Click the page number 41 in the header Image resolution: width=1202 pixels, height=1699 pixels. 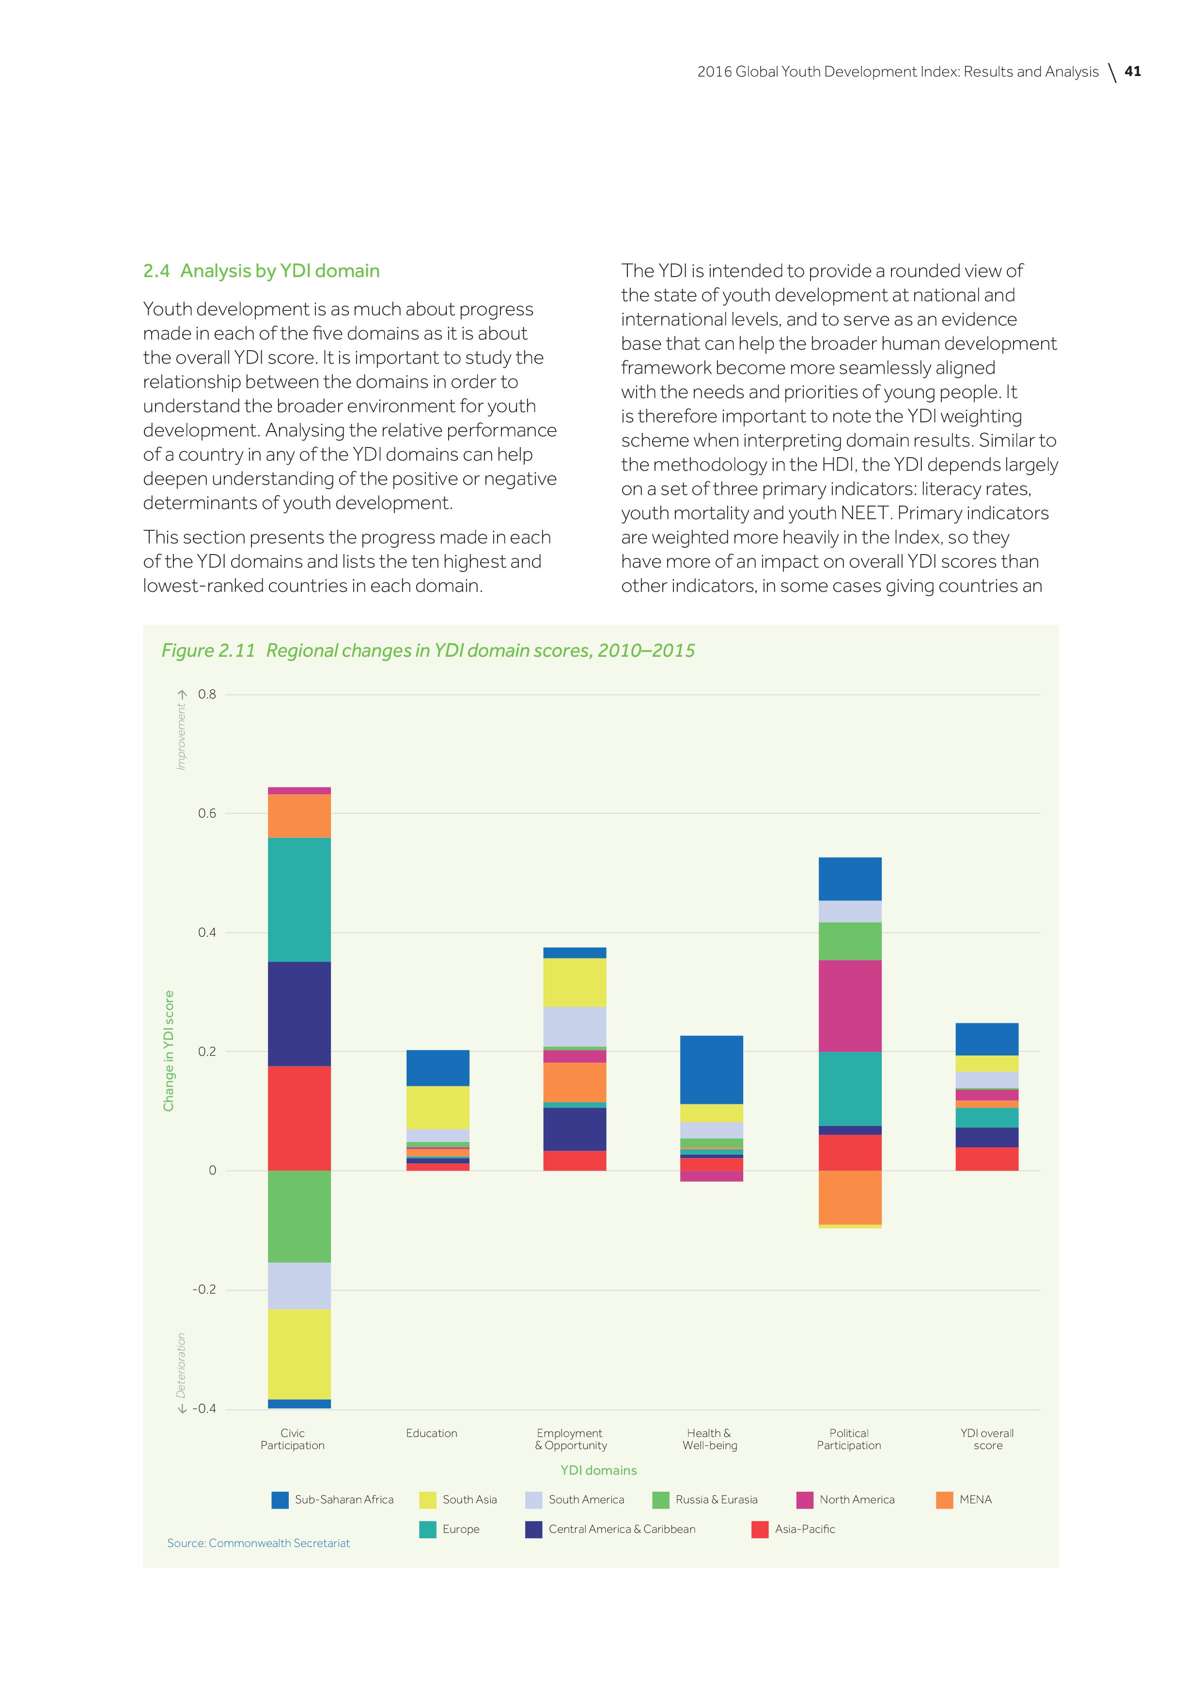(1132, 72)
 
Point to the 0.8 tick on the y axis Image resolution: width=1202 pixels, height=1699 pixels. (207, 694)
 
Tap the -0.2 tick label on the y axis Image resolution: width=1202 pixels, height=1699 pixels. (204, 1290)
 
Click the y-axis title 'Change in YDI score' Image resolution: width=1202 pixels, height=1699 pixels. (169, 1051)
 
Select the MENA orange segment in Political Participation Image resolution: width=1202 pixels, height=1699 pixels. (850, 1197)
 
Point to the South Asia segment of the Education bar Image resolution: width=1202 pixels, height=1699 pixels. (437, 1107)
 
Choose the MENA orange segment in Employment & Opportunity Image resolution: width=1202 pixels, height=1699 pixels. (575, 1082)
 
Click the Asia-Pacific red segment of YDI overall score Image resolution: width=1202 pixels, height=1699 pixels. (986, 1159)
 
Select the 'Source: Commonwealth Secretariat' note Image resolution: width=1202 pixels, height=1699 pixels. (258, 1543)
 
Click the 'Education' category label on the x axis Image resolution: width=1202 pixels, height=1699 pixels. (432, 1433)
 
